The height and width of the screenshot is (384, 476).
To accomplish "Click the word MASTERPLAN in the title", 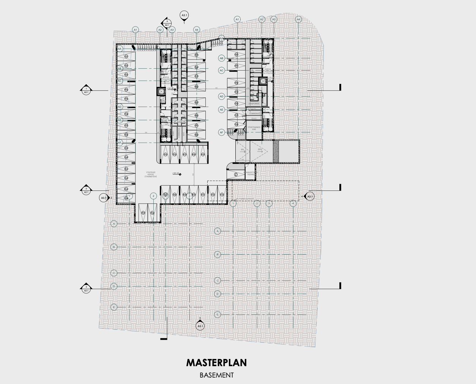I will (216, 363).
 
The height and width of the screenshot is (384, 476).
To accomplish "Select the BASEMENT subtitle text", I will (216, 375).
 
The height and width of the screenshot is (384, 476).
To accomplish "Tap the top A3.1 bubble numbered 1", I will (184, 16).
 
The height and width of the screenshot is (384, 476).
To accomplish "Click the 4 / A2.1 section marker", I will (167, 24).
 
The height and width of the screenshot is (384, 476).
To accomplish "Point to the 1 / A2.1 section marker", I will (86, 90).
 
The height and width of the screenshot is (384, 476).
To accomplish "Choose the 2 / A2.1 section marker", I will (86, 190).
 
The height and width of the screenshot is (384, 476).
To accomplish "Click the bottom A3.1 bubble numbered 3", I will (200, 325).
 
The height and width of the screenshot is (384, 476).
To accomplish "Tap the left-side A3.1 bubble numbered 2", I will (104, 198).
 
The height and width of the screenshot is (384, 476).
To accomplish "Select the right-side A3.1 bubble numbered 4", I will (310, 197).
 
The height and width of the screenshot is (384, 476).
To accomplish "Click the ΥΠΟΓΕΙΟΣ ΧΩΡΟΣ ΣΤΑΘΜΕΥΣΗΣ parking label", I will (151, 174).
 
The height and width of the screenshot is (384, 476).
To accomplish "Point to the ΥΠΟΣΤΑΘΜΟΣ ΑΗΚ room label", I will (254, 128).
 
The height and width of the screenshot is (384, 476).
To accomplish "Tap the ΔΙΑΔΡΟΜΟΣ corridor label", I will (254, 103).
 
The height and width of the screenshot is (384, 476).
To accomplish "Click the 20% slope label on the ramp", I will (260, 150).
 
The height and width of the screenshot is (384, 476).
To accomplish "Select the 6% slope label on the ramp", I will (243, 150).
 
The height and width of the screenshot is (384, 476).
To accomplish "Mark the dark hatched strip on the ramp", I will (276, 151).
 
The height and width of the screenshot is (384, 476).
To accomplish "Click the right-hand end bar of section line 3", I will (340, 286).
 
